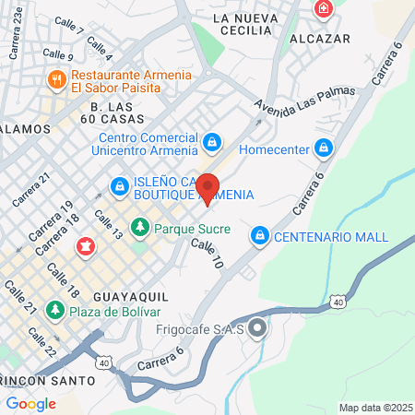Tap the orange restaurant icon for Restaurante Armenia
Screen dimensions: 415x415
click(x=57, y=81)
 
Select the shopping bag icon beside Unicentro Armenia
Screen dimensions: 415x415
click(x=213, y=142)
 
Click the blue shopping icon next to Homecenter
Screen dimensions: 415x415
click(x=323, y=148)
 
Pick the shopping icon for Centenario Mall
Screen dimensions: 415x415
click(x=261, y=237)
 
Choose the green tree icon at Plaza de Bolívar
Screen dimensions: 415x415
click(x=57, y=310)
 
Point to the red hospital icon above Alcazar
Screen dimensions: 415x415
click(x=323, y=10)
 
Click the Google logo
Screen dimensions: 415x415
click(x=30, y=403)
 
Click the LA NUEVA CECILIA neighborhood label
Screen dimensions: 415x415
click(x=244, y=18)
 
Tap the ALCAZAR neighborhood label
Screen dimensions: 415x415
click(x=319, y=39)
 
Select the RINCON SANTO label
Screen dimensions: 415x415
click(x=48, y=380)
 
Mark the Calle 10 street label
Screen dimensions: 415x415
click(x=207, y=255)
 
